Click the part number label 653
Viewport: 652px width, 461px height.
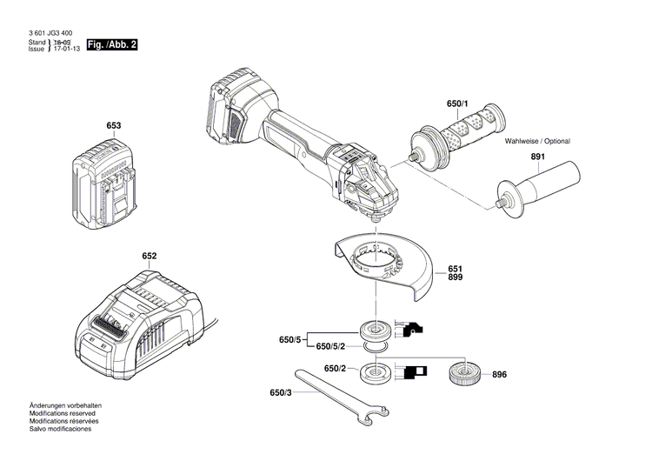(x=113, y=126)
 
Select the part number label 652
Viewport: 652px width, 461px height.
(x=150, y=257)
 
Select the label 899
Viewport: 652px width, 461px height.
(x=456, y=277)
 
